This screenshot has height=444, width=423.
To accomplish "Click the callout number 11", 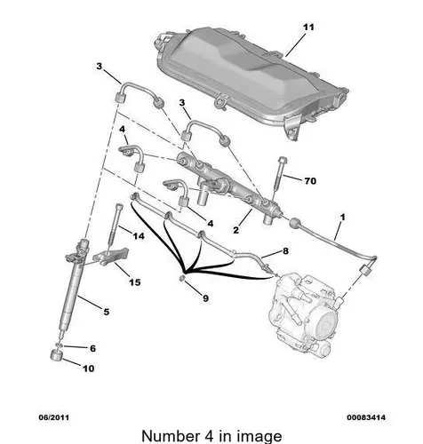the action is click(308, 28).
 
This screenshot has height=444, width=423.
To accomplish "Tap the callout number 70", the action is click(310, 180).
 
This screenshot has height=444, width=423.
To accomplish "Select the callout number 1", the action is click(342, 218).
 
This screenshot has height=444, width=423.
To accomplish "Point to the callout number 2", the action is click(235, 230).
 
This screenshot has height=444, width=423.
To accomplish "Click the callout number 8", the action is click(285, 251).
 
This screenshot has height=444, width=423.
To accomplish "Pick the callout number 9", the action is click(205, 298).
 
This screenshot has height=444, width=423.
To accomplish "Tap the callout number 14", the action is click(139, 236).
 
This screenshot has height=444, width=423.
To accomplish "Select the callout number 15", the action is click(135, 282).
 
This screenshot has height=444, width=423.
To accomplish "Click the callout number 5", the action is click(107, 312).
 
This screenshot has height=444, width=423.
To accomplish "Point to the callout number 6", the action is click(92, 348).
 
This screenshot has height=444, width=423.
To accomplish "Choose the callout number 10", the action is click(88, 369).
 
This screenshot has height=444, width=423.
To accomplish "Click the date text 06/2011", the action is click(54, 417).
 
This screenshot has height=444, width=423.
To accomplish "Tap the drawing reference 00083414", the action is click(366, 417).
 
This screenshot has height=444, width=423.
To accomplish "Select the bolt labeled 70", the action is click(279, 177).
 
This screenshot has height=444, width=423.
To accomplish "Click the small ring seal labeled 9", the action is click(183, 278).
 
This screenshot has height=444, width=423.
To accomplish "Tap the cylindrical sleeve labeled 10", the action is click(56, 355).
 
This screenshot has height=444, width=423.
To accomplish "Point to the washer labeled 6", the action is click(59, 345).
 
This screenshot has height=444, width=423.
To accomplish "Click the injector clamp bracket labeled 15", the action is click(111, 257).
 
